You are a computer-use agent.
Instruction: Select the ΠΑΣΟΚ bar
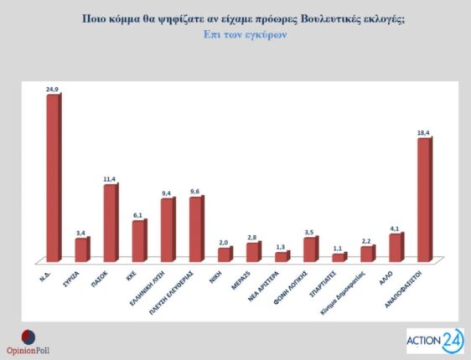[x=110, y=222]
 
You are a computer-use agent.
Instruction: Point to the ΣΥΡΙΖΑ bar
[x=81, y=249]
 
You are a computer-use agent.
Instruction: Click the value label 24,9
[x=53, y=88]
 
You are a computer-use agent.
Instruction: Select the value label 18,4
[x=424, y=131]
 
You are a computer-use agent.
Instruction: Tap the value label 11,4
[x=111, y=177]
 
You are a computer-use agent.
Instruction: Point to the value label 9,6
[x=196, y=191]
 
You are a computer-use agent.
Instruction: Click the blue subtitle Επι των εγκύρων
[x=235, y=35]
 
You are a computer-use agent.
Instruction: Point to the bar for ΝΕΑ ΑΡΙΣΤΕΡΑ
[x=281, y=256]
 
